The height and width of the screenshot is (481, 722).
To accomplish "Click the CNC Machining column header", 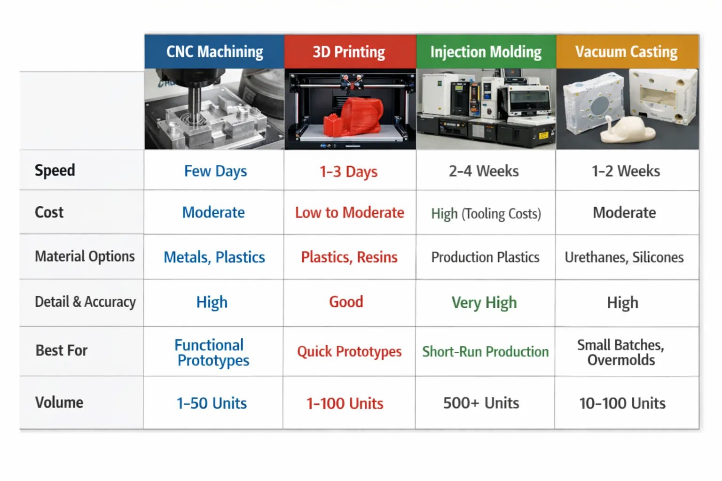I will pyautogui.click(x=214, y=52).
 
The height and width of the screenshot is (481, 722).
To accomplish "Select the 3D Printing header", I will pyautogui.click(x=349, y=52).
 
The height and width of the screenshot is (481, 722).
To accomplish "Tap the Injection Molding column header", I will pyautogui.click(x=486, y=52).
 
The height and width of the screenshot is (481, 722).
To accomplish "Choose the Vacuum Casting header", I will pyautogui.click(x=626, y=52).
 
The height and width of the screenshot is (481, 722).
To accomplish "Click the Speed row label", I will pyautogui.click(x=55, y=170).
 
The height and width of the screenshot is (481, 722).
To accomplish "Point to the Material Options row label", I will pyautogui.click(x=85, y=256).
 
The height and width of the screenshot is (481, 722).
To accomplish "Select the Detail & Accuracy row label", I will pyautogui.click(x=85, y=302).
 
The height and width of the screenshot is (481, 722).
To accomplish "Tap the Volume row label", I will pyautogui.click(x=59, y=403).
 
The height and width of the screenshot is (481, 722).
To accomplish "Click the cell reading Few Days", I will pyautogui.click(x=215, y=171).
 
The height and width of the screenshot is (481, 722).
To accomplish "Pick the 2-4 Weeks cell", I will pyautogui.click(x=484, y=171).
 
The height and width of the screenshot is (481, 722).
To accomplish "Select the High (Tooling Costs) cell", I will pyautogui.click(x=486, y=214).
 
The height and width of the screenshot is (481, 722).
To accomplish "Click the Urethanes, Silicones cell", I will pyautogui.click(x=624, y=257).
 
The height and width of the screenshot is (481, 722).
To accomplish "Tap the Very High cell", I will pyautogui.click(x=484, y=303).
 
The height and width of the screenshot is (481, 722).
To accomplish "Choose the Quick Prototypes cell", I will pyautogui.click(x=349, y=351).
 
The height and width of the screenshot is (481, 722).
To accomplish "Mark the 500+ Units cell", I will pyautogui.click(x=481, y=403).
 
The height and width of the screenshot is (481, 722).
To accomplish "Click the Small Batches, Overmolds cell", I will pyautogui.click(x=621, y=352).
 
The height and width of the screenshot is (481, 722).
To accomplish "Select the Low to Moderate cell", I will pyautogui.click(x=349, y=213).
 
